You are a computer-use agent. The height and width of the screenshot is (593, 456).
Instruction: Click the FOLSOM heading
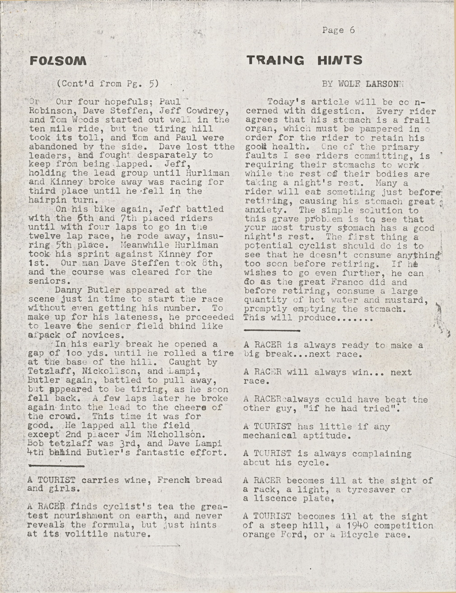(x=58, y=60)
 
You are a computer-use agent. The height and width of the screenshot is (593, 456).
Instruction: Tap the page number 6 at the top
(x=352, y=30)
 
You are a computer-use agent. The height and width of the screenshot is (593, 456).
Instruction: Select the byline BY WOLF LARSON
(x=362, y=84)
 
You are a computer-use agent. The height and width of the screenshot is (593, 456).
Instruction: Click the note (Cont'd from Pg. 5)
(x=108, y=83)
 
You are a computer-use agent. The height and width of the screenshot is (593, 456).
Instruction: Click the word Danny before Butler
(x=68, y=290)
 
